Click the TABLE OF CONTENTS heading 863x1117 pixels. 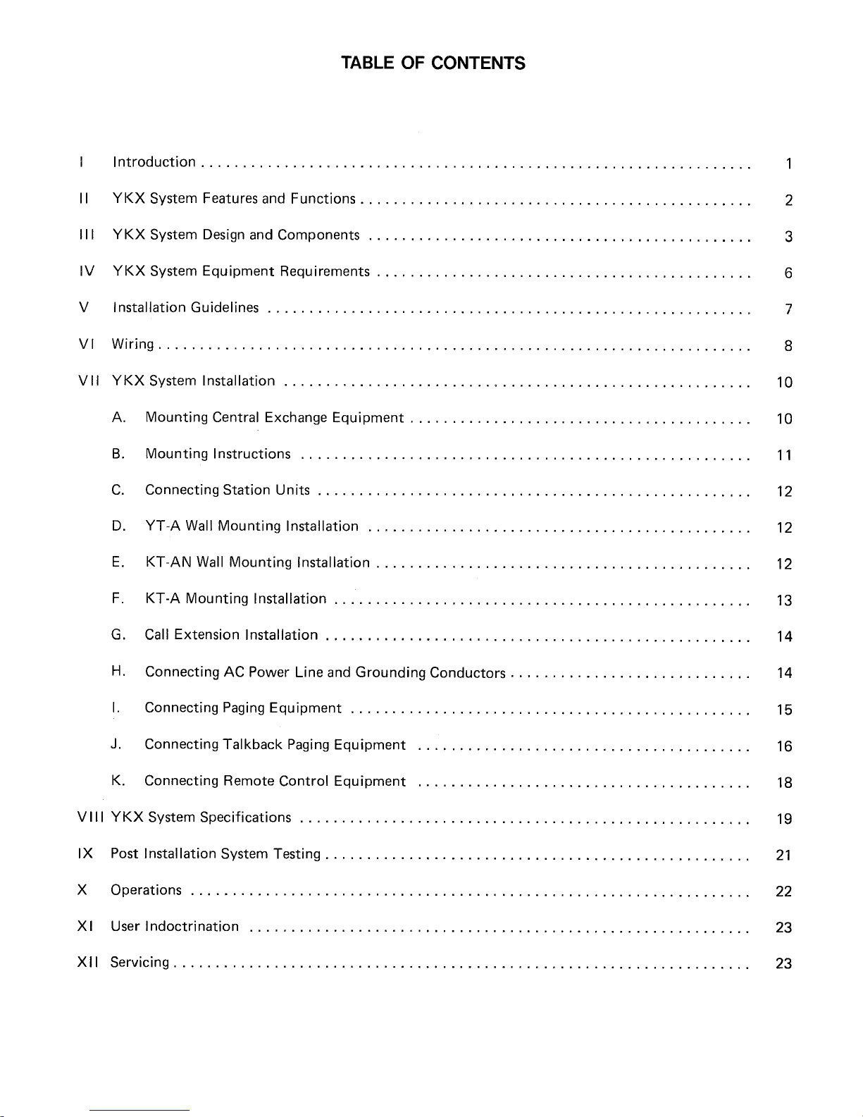(x=433, y=63)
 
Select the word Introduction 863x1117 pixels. (x=154, y=162)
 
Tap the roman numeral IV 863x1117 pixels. (x=83, y=271)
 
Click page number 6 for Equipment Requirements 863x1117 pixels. (x=788, y=273)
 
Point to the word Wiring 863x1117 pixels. (x=132, y=345)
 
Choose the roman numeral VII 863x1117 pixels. (x=87, y=381)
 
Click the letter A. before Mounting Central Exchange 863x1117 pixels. (x=118, y=418)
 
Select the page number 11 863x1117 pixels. (x=784, y=455)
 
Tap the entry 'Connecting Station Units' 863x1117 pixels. (x=227, y=490)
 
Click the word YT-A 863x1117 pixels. (x=162, y=526)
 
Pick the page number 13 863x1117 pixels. (x=784, y=600)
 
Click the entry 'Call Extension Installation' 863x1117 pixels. (x=231, y=635)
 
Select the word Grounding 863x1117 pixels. (x=390, y=672)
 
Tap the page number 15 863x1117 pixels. (x=784, y=710)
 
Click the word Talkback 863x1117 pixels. (x=252, y=745)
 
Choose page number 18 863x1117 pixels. (x=784, y=782)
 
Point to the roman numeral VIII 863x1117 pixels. (x=91, y=817)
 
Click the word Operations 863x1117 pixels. (x=146, y=890)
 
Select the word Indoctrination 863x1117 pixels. (x=192, y=926)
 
